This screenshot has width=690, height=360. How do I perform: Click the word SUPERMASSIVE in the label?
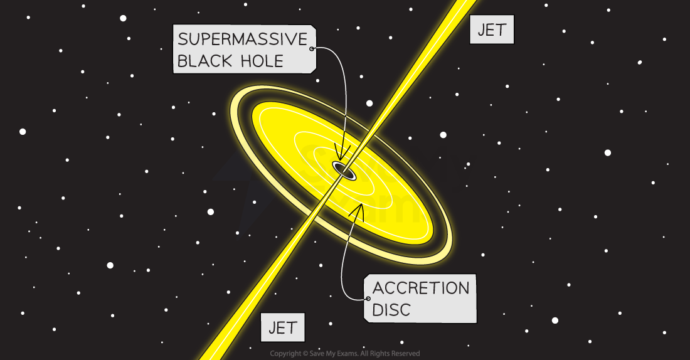[x=243, y=39]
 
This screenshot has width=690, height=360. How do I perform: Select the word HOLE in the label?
[x=262, y=61]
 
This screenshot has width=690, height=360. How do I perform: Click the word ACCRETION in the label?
[x=421, y=289]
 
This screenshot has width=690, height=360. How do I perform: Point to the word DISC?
[x=391, y=310]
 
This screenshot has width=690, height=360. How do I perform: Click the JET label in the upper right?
[x=492, y=30]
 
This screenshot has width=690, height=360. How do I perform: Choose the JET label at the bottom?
[x=282, y=327]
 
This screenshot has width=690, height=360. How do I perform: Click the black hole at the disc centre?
[x=344, y=171]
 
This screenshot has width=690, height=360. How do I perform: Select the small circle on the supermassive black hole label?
[x=312, y=48]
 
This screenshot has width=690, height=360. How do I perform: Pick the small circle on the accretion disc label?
[x=368, y=299]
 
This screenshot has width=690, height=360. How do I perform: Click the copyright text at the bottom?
[x=345, y=353]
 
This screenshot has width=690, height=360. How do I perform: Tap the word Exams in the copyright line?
[x=349, y=353]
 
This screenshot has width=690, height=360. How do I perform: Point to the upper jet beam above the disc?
[x=411, y=83]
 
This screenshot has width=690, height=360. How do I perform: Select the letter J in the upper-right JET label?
[x=481, y=30]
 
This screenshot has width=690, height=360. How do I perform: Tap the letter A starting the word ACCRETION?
[x=379, y=289]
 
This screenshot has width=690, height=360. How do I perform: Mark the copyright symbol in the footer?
[x=305, y=353]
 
